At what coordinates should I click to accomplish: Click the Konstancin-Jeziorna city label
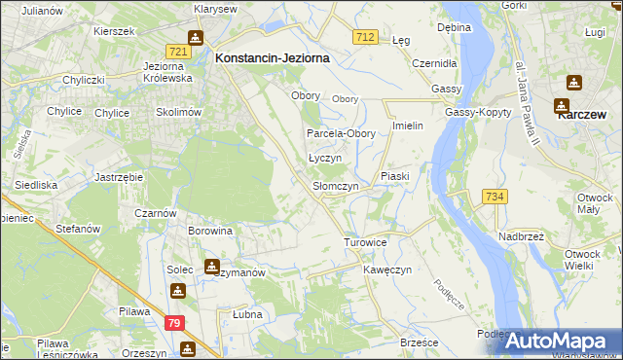[x=272, y=58]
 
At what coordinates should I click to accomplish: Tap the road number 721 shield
[x=176, y=51]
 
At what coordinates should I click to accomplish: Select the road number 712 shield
[x=365, y=37]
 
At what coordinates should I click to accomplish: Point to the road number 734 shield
[x=494, y=197]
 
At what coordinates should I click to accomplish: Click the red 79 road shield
[x=173, y=323]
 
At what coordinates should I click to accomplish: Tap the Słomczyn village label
[x=335, y=186]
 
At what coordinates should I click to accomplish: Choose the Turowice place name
[x=366, y=241]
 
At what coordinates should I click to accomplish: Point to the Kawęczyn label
[x=388, y=269]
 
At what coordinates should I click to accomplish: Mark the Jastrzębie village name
[x=120, y=177]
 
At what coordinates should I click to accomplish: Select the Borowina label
[x=210, y=232]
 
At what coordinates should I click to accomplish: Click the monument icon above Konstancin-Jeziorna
[x=196, y=38]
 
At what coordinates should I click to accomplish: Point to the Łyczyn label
[x=325, y=158]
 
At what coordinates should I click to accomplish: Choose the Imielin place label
[x=407, y=126]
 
